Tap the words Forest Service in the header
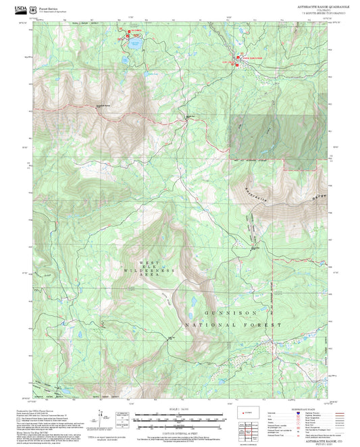[51, 9]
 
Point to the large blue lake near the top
[134, 45]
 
